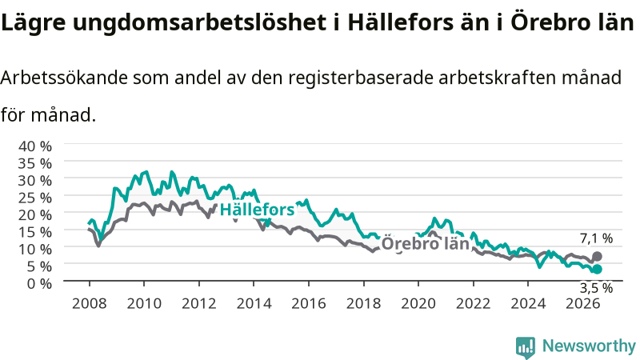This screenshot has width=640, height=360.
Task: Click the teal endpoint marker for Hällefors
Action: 597,270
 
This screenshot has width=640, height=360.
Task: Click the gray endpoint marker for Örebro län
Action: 597,256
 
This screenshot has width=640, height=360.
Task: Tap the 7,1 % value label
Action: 596,238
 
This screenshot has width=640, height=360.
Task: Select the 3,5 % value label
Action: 596,288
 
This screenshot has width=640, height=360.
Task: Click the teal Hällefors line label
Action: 257,210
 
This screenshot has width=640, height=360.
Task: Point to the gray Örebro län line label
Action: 425,244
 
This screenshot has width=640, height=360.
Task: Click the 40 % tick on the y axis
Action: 35,146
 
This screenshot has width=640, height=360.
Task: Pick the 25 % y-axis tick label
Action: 35,198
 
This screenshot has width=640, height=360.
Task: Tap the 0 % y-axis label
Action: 39,283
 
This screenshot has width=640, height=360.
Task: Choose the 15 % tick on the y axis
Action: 35,232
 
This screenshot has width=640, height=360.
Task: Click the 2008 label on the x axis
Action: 90,304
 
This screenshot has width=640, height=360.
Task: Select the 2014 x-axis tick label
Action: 254,304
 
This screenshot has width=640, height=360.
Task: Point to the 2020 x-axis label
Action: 418,304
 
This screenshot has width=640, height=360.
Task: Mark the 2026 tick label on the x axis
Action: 583,304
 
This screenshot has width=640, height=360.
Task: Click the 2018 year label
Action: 364,304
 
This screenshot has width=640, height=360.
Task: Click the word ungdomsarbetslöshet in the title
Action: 199,22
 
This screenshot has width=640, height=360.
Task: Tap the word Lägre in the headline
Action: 33,23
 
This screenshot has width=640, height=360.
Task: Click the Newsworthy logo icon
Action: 526,347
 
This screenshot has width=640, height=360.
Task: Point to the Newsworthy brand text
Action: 589,346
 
